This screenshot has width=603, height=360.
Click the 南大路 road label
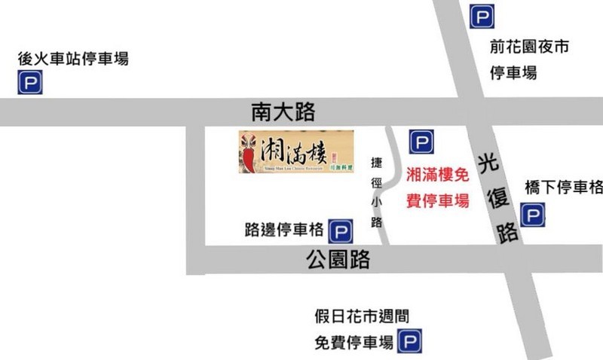click(283, 113)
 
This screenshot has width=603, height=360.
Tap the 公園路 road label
click(338, 261)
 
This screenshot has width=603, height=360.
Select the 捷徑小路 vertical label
click(377, 192)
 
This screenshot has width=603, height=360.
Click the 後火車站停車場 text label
click(73, 59)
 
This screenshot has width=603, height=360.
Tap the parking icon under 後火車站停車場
click(29, 82)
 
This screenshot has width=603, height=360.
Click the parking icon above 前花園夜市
click(482, 16)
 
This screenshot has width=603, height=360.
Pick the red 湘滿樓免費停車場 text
click(437, 188)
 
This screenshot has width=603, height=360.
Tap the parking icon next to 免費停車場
click(410, 343)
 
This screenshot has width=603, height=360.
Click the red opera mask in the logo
click(249, 151)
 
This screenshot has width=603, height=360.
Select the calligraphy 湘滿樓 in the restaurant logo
click(291, 150)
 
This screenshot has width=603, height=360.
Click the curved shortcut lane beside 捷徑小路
click(391, 188)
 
